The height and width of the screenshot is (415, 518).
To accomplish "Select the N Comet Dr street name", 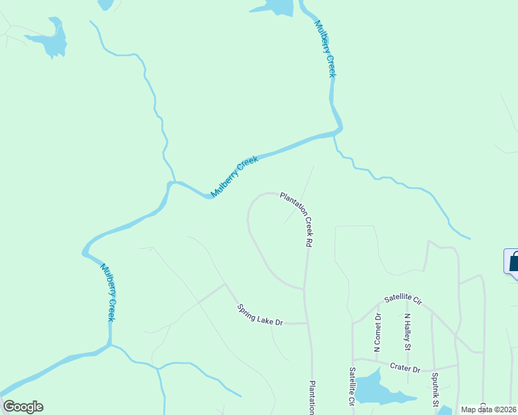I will click(377, 333).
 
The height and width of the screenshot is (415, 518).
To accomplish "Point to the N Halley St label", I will click(408, 332).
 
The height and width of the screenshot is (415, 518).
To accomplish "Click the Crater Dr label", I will click(405, 369).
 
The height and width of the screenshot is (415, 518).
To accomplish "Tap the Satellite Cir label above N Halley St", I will click(404, 299).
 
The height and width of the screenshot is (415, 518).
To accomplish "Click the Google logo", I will click(23, 407).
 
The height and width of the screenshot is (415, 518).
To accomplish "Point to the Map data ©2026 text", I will click(488, 409).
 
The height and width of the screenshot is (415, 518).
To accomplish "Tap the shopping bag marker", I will click(512, 264).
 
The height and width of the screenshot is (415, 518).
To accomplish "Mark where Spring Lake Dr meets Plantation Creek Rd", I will click(306, 323).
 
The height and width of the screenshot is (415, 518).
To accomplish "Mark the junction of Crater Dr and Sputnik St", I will click(434, 367).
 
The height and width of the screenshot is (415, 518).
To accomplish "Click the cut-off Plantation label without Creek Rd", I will click(312, 397).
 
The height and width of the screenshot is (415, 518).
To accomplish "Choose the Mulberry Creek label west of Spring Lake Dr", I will click(107, 292).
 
